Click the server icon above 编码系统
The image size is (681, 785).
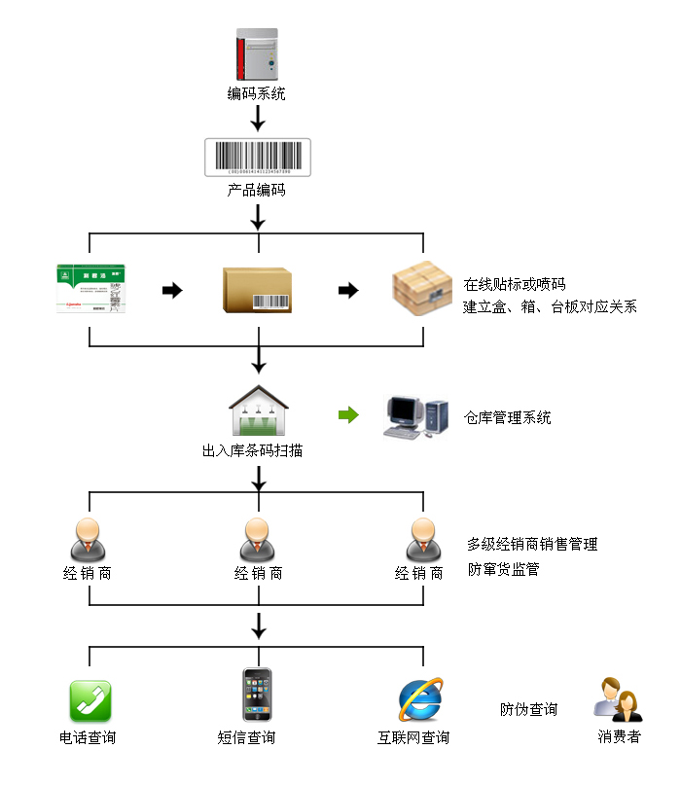257,54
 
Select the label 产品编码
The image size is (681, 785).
257,191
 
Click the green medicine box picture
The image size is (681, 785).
93,289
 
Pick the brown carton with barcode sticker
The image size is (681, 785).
257,290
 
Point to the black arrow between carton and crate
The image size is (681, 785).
347,291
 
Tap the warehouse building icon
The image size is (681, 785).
257,412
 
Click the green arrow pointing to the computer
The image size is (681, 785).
347,415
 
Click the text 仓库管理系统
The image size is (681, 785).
507,418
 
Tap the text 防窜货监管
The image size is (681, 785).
503,570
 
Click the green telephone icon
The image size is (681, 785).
90,700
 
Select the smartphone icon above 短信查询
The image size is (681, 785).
257,695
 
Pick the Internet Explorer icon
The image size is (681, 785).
420,698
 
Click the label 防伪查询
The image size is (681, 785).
528,710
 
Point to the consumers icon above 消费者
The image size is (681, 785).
618,699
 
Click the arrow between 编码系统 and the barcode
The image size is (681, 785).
258,119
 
